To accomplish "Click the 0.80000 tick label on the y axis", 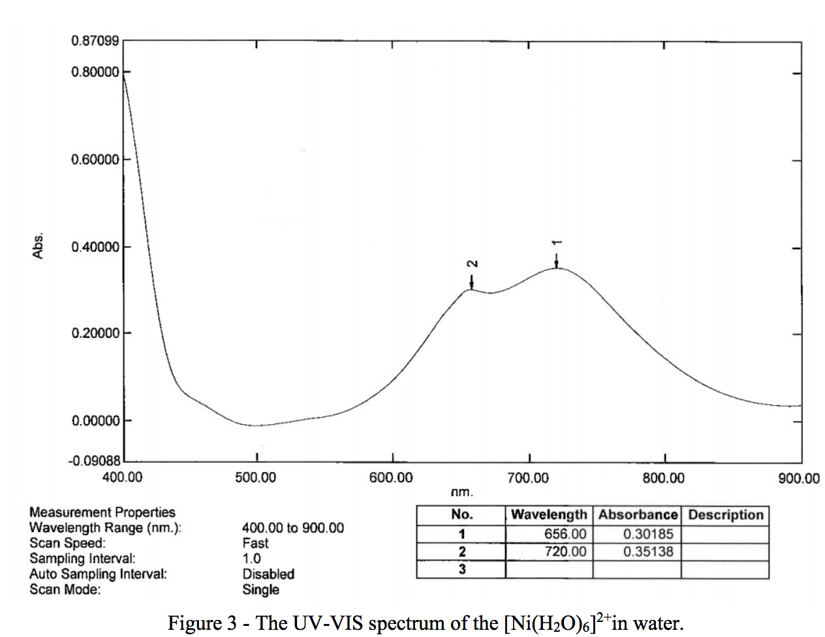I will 95,72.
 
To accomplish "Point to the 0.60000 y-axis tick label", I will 95,159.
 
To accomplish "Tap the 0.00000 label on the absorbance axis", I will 95,421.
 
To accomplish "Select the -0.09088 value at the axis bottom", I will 94,461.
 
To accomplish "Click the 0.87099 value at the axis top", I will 95,42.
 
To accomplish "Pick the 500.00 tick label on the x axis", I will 255,478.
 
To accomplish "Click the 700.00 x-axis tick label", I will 527,478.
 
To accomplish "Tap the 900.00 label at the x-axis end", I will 799,478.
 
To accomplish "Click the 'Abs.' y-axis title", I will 39,245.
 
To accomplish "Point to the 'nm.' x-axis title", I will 461,492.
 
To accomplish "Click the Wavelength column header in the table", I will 549,515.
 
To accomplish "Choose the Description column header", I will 725,515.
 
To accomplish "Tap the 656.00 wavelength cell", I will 565,534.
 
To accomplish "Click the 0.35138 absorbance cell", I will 648,552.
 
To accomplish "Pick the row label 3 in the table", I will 461,569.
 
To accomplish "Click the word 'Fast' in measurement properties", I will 255,543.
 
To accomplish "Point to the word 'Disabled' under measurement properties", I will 268,574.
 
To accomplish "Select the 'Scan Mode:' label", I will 65,590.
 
